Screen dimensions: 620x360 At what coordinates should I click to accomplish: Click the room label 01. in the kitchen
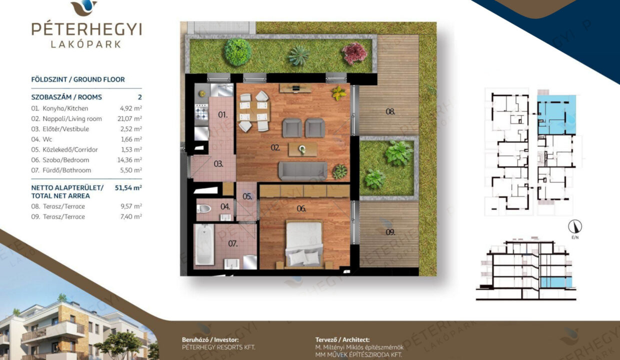coord(223,114)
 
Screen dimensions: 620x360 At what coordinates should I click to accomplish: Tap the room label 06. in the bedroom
coord(301,208)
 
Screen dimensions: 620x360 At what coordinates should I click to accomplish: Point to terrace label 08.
coord(390,112)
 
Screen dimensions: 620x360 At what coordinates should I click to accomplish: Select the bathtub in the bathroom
coord(204,244)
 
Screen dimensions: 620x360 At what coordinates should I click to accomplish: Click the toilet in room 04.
coord(203,208)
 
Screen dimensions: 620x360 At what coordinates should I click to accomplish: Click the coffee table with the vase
coord(303,149)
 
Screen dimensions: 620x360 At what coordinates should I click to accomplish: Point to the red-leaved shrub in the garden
coord(354,52)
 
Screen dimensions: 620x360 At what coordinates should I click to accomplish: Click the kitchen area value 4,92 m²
coord(131,108)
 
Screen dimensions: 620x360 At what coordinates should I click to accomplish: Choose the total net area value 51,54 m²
coord(128,188)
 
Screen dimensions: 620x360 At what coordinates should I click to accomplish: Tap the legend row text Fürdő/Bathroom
coord(66,170)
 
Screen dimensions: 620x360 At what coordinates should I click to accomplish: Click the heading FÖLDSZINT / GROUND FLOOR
coord(78,79)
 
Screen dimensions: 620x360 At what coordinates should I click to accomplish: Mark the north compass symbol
coord(575,226)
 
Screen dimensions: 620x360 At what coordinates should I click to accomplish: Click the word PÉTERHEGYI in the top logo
coord(87,29)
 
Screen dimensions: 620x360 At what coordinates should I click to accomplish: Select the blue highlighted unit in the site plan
coord(556,115)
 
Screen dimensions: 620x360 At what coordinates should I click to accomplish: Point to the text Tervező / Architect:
coord(342,340)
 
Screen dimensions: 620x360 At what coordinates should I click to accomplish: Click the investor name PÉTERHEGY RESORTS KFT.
coord(218,347)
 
